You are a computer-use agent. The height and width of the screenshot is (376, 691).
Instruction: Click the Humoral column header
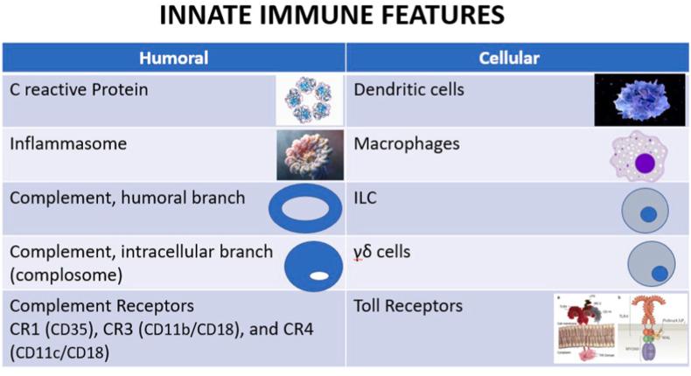point(174,59)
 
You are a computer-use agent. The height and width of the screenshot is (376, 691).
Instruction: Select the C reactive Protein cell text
point(79,89)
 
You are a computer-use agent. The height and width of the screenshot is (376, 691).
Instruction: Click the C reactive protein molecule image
point(308,100)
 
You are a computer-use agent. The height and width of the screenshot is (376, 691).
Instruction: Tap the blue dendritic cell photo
point(639,99)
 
